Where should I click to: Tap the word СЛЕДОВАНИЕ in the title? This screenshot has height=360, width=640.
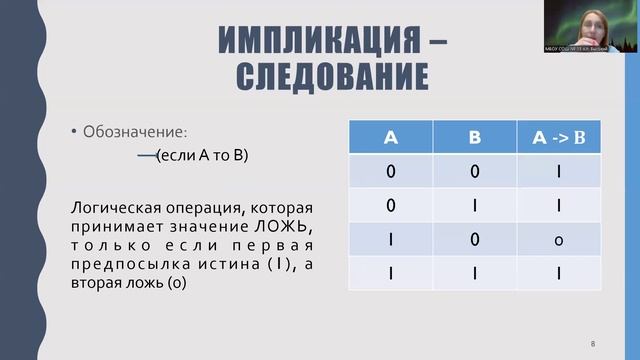333,76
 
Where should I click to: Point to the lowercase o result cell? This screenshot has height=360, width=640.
559,240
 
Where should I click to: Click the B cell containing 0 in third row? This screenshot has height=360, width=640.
475,239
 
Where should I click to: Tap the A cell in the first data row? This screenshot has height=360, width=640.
391,172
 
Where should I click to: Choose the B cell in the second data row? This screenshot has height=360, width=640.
475,206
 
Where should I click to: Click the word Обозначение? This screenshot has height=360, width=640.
135,131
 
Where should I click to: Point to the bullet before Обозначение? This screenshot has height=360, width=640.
73,132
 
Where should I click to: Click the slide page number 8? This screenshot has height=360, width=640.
593,343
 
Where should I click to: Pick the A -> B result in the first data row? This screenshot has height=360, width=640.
559,172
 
